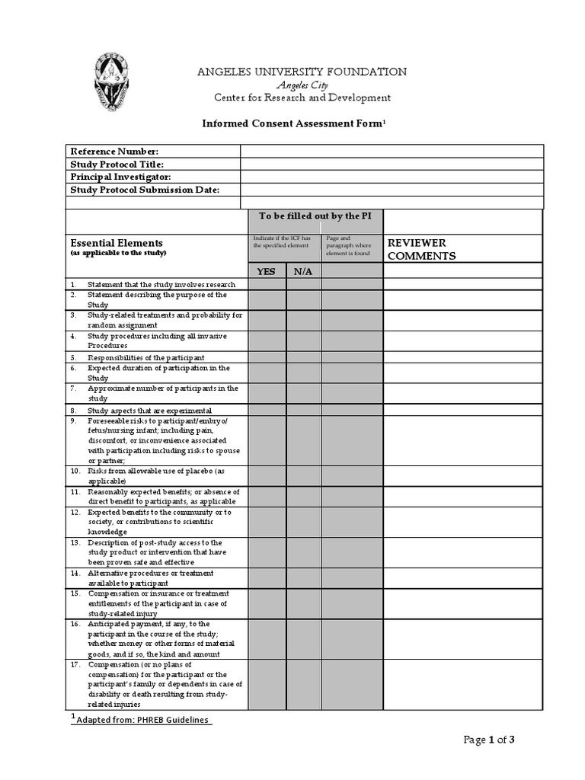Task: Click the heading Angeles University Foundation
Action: [x=302, y=72]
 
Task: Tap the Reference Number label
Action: [x=114, y=152]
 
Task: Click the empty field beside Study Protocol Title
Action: [x=392, y=165]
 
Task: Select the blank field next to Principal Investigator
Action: [x=392, y=177]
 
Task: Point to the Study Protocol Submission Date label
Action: [x=145, y=190]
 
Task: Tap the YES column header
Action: [x=267, y=271]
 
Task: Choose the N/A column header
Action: [x=303, y=271]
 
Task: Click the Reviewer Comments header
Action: [x=421, y=249]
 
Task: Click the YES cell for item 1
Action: [x=267, y=284]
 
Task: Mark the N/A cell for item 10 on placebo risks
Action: [x=303, y=476]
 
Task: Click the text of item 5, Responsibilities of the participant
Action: [x=145, y=357]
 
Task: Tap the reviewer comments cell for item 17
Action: [x=462, y=684]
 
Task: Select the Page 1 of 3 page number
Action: [x=494, y=740]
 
